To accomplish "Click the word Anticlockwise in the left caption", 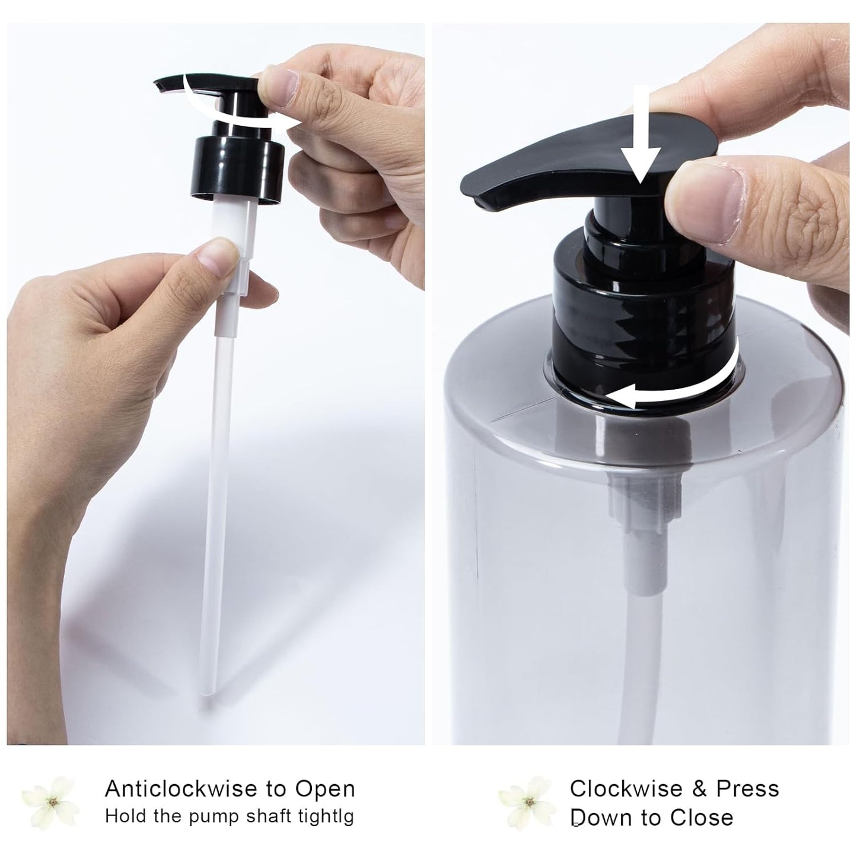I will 181,789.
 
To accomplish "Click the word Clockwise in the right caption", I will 625,789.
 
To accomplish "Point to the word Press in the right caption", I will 747,789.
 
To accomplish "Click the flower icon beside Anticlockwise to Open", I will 51,804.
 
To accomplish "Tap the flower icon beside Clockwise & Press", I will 527,804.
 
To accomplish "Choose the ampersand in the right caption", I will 699,789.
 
